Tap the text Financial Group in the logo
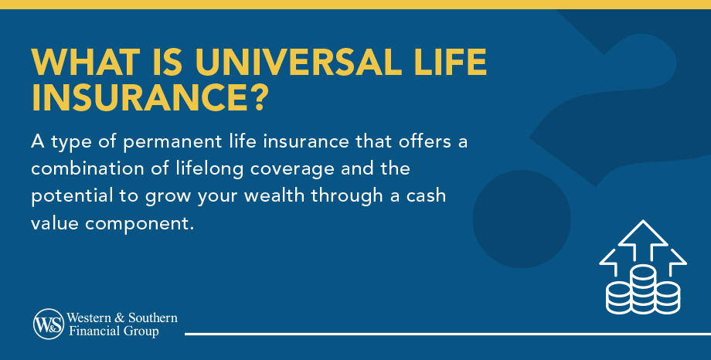[113, 331]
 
